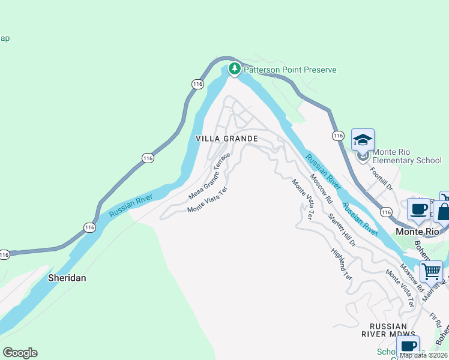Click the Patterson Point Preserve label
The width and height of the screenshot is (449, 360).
[290, 70]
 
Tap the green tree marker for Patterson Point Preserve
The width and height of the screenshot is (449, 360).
[235, 69]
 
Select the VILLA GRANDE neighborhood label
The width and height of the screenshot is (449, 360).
[227, 139]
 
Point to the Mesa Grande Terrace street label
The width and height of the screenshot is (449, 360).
[209, 176]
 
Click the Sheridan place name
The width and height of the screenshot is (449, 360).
[67, 278]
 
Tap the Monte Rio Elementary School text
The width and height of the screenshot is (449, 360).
[406, 156]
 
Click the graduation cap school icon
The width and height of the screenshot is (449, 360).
[363, 140]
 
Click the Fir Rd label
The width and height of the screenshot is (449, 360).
[438, 319]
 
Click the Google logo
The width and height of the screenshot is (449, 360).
[20, 353]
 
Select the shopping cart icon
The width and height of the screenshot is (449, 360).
[431, 272]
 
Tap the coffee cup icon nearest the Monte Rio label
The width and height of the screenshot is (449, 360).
[418, 209]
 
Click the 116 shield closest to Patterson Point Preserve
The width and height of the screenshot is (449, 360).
[197, 84]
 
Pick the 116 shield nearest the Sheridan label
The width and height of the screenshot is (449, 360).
[89, 227]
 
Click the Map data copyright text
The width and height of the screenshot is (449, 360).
[423, 355]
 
